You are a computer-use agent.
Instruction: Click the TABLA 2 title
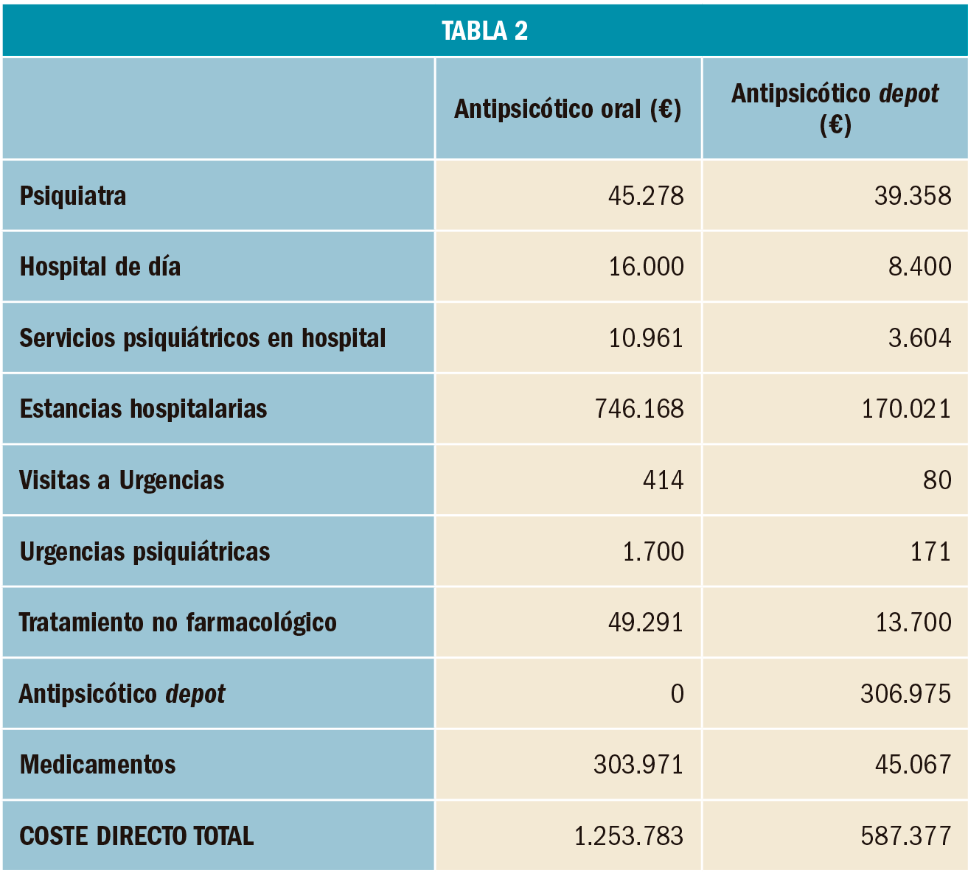pos(484,30)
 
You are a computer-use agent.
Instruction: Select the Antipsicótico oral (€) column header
pos(567,109)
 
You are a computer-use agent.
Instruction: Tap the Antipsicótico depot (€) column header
pos(835,109)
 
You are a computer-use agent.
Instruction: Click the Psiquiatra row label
pos(73,196)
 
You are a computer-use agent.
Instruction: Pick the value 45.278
pos(646,196)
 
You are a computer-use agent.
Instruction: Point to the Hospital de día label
pos(100,267)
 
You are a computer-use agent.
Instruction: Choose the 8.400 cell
pos(919,267)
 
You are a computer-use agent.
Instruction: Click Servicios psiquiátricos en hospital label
pos(203,338)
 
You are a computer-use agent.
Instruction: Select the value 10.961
pos(646,338)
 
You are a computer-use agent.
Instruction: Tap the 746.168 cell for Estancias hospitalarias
pos(639,409)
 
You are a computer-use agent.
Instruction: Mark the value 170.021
pos(906,409)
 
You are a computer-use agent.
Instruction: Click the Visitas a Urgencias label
pos(122,480)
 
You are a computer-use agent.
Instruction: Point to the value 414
pos(663,480)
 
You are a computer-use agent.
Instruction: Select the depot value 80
pos(937,480)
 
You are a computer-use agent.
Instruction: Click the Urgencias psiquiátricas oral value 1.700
pos(653,552)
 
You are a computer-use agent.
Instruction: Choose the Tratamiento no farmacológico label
pos(178,623)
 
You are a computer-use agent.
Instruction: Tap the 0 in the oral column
pos(677,694)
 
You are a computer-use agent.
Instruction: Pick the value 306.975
pos(905,694)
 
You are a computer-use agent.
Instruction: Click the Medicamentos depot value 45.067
pos(913,765)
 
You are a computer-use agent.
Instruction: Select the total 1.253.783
pos(628,836)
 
